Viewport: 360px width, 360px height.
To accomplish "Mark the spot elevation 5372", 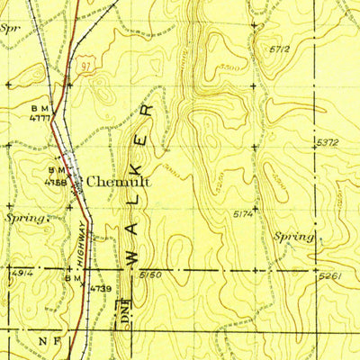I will point(328,143).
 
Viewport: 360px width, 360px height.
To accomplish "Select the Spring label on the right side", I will point(293,236).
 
